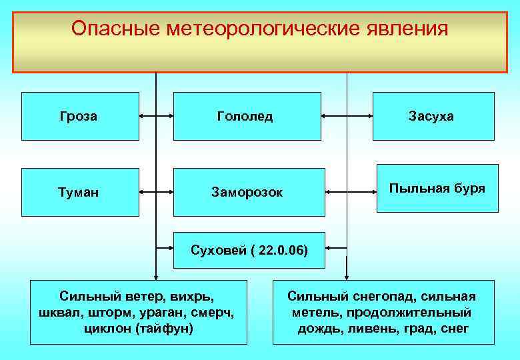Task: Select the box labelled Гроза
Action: tap(80, 116)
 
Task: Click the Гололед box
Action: tap(246, 116)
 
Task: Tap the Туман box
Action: tap(80, 192)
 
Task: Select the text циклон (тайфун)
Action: tap(139, 328)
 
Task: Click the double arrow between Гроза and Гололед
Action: tap(156, 116)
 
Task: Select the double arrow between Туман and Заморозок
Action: tap(156, 192)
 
